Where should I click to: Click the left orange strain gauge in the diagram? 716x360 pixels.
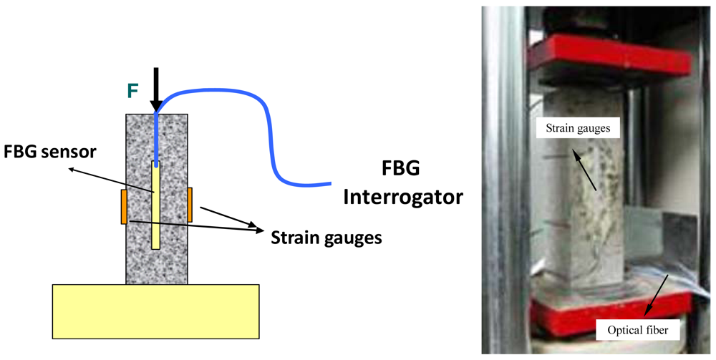point(124,207)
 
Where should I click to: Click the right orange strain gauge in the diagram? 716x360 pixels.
point(190,204)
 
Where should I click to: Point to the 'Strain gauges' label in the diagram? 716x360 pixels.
point(326,235)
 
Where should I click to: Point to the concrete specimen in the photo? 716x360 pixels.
point(580,215)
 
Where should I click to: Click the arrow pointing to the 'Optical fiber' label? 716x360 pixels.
point(659,293)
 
